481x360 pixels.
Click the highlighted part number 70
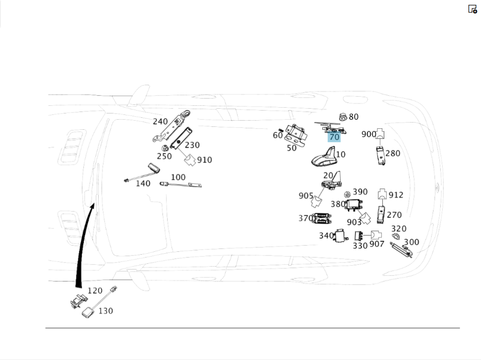click(x=334, y=137)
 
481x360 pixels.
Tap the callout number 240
click(x=160, y=122)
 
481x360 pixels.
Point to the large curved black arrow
click(x=83, y=240)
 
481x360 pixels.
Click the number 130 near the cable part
click(x=106, y=311)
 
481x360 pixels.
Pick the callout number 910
click(x=204, y=160)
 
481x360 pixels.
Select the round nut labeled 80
click(x=343, y=116)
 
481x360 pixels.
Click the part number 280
click(x=392, y=154)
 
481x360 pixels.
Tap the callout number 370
click(x=305, y=218)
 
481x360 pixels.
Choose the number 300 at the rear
click(x=411, y=242)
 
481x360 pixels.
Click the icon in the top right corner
click(x=472, y=9)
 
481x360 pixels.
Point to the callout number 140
click(x=143, y=183)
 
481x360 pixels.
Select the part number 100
click(x=178, y=177)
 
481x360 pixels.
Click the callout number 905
click(x=306, y=196)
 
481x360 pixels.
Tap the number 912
click(x=396, y=195)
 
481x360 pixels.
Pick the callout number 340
click(x=326, y=236)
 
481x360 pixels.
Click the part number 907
click(x=377, y=245)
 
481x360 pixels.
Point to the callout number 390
click(x=360, y=192)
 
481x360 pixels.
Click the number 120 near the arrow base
click(x=95, y=291)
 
